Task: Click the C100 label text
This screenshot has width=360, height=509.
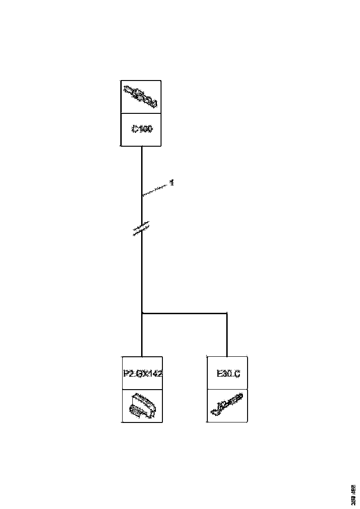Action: [141, 130]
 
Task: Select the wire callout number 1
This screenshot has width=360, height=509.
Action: [171, 183]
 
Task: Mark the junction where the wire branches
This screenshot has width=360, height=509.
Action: [142, 313]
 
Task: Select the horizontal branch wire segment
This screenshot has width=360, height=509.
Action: [185, 313]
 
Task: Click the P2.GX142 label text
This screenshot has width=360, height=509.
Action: [143, 373]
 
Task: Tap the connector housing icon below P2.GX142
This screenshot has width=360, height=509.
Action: [143, 405]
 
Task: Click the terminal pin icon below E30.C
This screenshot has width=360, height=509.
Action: [227, 405]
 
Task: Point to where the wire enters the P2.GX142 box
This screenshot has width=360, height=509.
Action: [142, 356]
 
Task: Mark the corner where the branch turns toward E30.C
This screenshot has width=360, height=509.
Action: [227, 313]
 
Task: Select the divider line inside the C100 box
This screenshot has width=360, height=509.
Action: [141, 113]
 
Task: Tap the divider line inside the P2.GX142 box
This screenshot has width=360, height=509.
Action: [143, 389]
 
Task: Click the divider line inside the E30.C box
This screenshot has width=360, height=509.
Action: [227, 389]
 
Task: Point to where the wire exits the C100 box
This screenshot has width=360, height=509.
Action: [142, 147]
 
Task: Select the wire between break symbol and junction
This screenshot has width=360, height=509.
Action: [142, 273]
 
